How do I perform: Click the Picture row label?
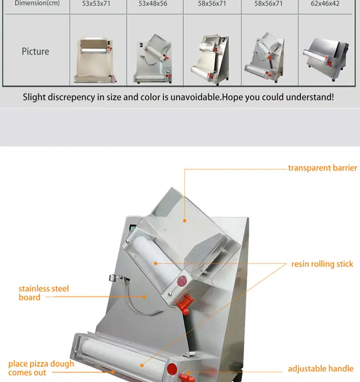coord(35,51)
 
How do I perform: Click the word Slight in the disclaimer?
coord(34,97)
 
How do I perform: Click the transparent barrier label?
coord(322,168)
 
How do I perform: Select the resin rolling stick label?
coord(322,264)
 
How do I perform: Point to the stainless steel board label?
coord(44,293)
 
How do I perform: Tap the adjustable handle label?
coord(320,369)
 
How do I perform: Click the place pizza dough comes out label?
coord(41,368)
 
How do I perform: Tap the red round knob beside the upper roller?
coord(182,281)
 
